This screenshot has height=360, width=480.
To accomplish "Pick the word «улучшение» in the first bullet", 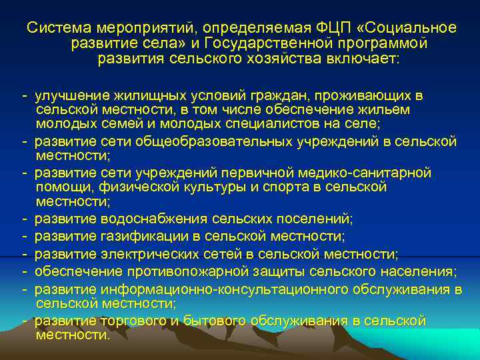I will pos(66,95).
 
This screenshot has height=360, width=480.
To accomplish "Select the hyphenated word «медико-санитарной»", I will pos(374,173).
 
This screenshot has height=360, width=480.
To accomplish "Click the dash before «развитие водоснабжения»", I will pos(23,219).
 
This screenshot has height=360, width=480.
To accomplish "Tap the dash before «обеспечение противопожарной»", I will pos(23,271).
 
